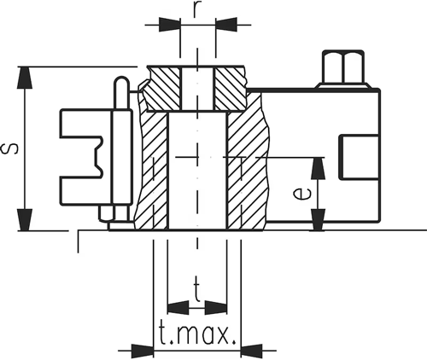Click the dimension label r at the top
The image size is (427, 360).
pyautogui.click(x=197, y=10)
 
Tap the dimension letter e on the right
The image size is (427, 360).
pyautogui.click(x=300, y=194)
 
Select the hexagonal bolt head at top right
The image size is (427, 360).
pyautogui.click(x=342, y=67)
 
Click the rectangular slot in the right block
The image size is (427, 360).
pyautogui.click(x=358, y=158)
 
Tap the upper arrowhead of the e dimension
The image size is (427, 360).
pyautogui.click(x=318, y=167)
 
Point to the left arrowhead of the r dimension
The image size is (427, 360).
pyautogui.click(x=170, y=26)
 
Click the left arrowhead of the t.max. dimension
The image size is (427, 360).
pyautogui.click(x=142, y=349)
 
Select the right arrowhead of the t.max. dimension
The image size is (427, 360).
pyautogui.click(x=254, y=349)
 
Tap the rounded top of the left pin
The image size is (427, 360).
pyautogui.click(x=121, y=84)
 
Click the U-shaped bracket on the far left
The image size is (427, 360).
pyautogui.click(x=81, y=154)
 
